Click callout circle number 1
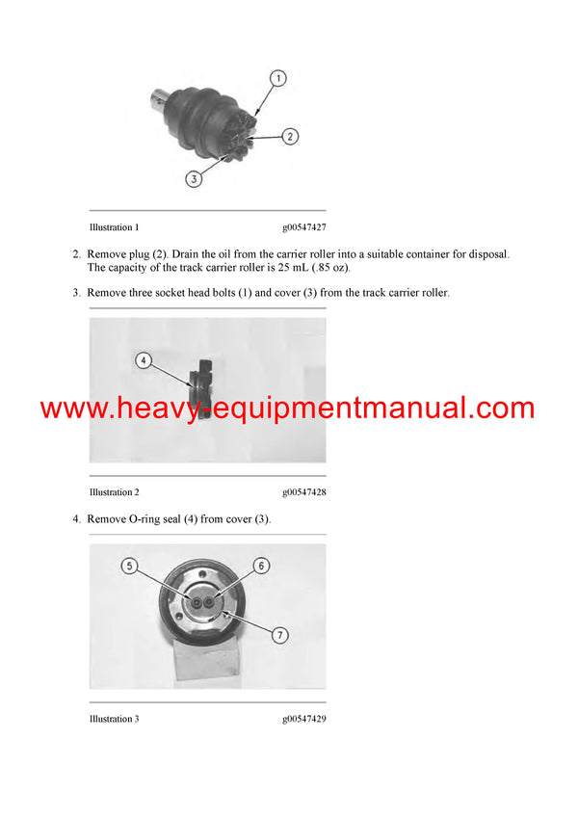pyautogui.click(x=277, y=77)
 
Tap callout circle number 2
pyautogui.click(x=290, y=137)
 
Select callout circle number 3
pyautogui.click(x=194, y=178)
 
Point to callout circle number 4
pyautogui.click(x=143, y=360)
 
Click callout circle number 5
pyautogui.click(x=128, y=567)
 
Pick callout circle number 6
pyautogui.click(x=260, y=567)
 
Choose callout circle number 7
pyautogui.click(x=278, y=635)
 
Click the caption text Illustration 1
pyautogui.click(x=114, y=228)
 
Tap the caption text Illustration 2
pyautogui.click(x=114, y=492)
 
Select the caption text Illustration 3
pyautogui.click(x=114, y=719)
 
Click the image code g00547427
pyautogui.click(x=304, y=228)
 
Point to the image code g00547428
pyautogui.click(x=304, y=492)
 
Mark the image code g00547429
pyautogui.click(x=304, y=719)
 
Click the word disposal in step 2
pyautogui.click(x=486, y=254)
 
